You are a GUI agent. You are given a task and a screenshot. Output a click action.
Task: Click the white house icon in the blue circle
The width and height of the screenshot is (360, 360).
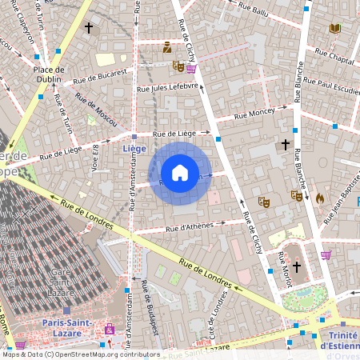click(x=180, y=173)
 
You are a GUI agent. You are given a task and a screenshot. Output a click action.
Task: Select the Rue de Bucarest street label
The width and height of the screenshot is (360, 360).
click(x=100, y=73)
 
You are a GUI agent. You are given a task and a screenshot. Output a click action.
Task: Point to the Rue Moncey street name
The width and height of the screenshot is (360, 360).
click(x=254, y=114)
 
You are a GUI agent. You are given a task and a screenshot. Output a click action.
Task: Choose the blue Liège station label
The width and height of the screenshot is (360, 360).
click(x=134, y=148)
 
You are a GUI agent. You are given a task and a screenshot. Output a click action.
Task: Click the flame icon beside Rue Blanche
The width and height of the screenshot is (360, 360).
click(x=319, y=198)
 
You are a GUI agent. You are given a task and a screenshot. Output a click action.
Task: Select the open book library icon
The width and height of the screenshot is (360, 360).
click(x=334, y=28)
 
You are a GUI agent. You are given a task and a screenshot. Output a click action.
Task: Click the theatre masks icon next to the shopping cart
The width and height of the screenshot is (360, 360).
click(x=178, y=67)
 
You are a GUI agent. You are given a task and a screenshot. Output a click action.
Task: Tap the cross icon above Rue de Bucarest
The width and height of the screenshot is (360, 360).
click(x=89, y=28)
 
